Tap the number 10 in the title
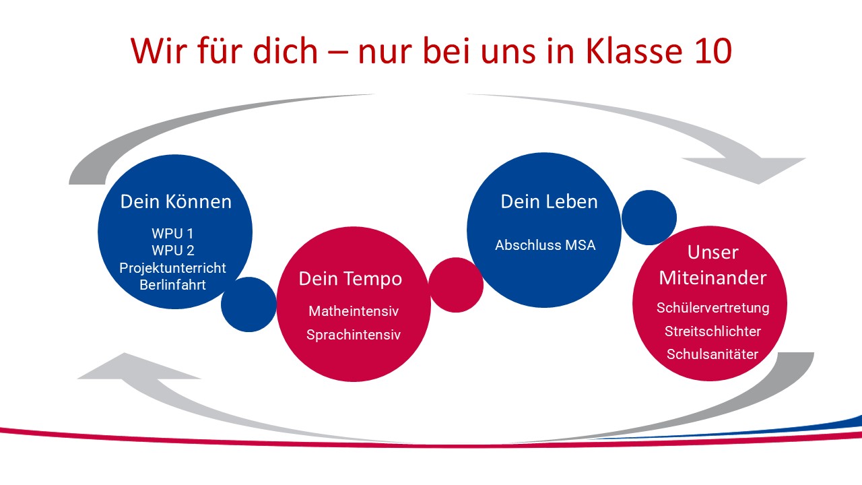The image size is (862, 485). pos(713,51)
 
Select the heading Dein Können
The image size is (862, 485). pos(176,201)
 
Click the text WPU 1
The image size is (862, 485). pos(172,234)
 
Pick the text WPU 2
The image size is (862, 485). pos(173,251)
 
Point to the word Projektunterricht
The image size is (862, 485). pos(172,268)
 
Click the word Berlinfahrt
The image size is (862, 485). pos(172,285)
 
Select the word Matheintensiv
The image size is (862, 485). pos(354,311)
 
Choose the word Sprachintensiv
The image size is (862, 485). pos(354,335)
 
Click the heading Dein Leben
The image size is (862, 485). pos(549,201)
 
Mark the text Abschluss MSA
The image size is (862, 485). pos(545,245)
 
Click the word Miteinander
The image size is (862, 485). pos(712,278)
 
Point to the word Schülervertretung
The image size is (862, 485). pos(712,308)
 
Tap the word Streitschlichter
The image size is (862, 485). pos(712,331)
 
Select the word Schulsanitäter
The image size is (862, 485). pos(712,354)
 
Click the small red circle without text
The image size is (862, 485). pos(456,285)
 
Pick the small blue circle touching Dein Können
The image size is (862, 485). pos(248,304)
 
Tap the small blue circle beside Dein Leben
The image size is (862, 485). pos(649,218)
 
